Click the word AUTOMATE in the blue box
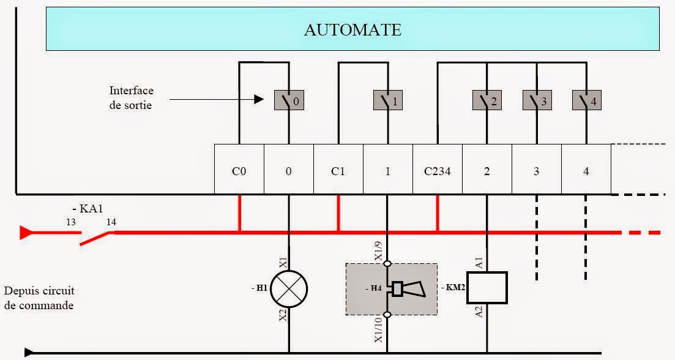click(352, 30)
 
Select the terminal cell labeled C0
click(239, 171)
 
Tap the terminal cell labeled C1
click(338, 171)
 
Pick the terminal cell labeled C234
click(437, 171)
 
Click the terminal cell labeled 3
click(536, 171)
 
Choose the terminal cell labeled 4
click(586, 171)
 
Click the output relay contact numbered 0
click(288, 101)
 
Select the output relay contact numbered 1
click(388, 101)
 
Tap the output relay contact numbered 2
click(487, 101)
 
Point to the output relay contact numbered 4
click(586, 101)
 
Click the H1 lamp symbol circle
click(288, 289)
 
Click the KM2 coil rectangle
click(487, 288)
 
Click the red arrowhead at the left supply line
click(26, 233)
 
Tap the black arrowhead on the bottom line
click(29, 352)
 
